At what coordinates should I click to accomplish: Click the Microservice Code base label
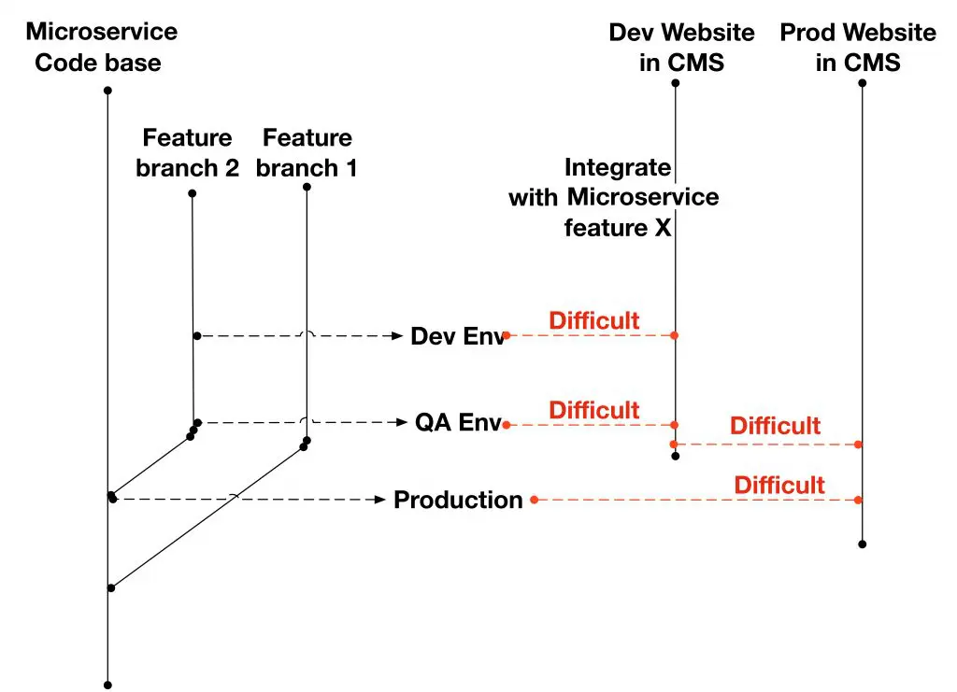(101, 48)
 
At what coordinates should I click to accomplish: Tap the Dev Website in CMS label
(681, 48)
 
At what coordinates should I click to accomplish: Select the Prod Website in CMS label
(858, 48)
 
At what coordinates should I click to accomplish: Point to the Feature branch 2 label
(187, 153)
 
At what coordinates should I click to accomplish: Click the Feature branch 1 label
(307, 153)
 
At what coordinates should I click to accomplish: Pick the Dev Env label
(457, 336)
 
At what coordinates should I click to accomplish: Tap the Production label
(458, 501)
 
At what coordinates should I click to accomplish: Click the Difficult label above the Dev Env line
(593, 321)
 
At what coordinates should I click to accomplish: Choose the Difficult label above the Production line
(778, 486)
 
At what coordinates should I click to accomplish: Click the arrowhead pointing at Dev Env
(396, 335)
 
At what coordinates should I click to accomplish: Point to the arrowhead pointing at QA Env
(403, 423)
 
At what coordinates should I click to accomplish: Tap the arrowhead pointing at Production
(380, 500)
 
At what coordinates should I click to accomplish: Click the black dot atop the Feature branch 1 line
(307, 187)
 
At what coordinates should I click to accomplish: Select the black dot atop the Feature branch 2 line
(192, 193)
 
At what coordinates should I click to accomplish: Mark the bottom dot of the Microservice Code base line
(108, 685)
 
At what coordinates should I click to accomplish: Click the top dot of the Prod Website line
(862, 83)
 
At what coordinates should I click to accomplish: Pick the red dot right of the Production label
(534, 500)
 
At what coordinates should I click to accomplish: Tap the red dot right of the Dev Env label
(507, 334)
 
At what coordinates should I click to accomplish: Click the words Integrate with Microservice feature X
(614, 198)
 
